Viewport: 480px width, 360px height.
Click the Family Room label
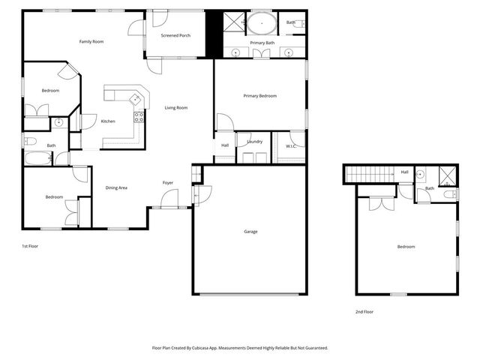91,41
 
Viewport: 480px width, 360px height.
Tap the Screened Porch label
175,35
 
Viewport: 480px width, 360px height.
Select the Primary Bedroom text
259,96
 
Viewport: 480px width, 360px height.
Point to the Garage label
250,231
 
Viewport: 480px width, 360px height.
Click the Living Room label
176,108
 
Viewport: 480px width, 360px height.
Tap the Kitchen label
108,121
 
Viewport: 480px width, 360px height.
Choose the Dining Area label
116,187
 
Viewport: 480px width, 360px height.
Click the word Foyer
168,183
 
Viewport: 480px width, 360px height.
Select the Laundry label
254,141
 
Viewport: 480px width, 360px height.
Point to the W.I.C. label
291,146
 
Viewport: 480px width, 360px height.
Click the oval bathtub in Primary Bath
261,23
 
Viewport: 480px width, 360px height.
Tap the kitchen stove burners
139,116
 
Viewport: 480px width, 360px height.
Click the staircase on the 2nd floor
367,175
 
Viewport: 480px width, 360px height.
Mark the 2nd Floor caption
364,311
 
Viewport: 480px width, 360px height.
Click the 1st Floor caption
29,246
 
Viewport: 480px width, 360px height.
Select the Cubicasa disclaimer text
240,348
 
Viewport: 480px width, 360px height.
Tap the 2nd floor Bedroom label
406,247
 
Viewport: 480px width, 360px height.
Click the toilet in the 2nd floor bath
449,194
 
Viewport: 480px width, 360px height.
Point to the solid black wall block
211,34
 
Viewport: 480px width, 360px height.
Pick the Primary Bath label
262,43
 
